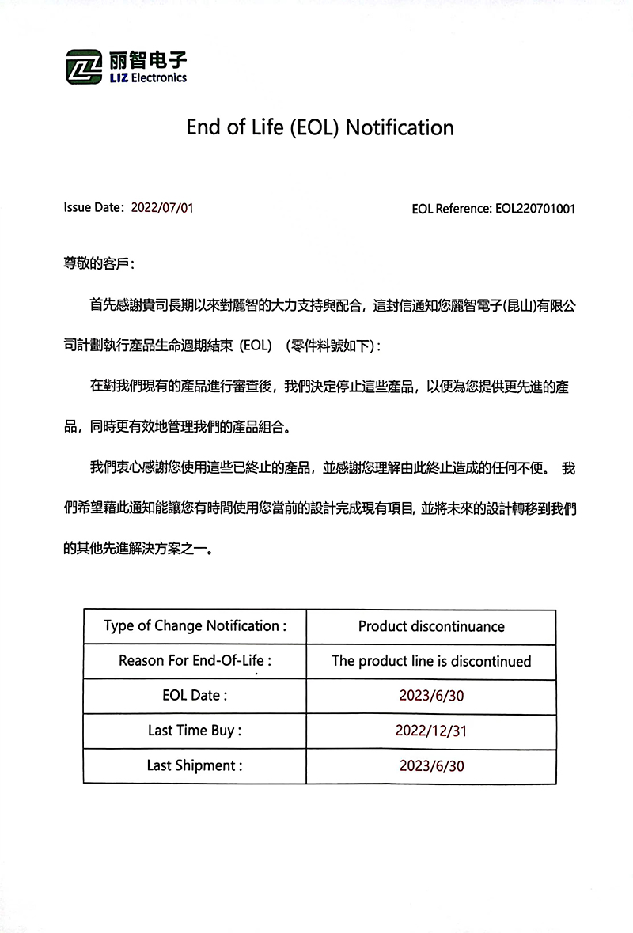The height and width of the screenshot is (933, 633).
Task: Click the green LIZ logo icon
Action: (84, 66)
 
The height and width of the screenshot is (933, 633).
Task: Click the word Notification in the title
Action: (400, 127)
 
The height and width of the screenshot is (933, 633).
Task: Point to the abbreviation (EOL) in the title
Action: (314, 127)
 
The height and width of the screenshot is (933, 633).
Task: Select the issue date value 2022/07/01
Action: (162, 209)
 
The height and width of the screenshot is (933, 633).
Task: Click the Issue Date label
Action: (93, 209)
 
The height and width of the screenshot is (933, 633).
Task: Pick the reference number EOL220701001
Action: (535, 210)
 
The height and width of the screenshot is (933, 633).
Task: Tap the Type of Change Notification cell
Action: (195, 626)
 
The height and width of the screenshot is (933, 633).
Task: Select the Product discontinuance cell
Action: (431, 626)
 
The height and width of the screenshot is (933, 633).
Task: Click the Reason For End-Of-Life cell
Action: (195, 661)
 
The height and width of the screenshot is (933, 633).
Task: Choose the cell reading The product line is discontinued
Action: (431, 661)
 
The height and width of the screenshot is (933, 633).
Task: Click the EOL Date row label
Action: (195, 696)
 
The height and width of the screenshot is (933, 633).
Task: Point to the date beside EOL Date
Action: (431, 696)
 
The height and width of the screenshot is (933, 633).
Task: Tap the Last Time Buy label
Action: (195, 731)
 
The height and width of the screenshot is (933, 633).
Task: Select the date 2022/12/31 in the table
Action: (431, 731)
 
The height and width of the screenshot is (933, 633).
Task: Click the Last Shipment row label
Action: (195, 765)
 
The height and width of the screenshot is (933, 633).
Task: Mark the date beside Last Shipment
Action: (431, 765)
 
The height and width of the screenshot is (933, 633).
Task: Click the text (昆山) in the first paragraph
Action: (519, 306)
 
